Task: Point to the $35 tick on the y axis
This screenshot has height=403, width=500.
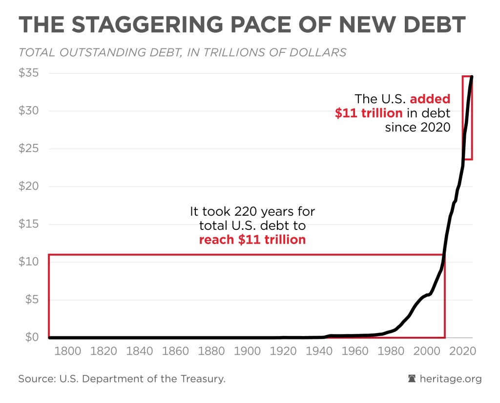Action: click(x=28, y=73)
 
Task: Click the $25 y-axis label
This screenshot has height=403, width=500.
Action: click(x=28, y=149)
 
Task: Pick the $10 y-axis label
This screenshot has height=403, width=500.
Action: click(x=28, y=262)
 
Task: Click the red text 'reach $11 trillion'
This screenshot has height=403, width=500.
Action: click(x=252, y=240)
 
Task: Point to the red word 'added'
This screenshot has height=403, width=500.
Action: click(x=430, y=99)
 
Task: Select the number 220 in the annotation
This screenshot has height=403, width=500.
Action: click(x=244, y=212)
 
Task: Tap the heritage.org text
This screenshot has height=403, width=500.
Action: click(x=451, y=379)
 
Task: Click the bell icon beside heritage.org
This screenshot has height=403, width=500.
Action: click(x=412, y=379)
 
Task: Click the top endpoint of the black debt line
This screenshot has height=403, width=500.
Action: click(x=472, y=77)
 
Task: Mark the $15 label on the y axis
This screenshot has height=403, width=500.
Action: click(x=28, y=224)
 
